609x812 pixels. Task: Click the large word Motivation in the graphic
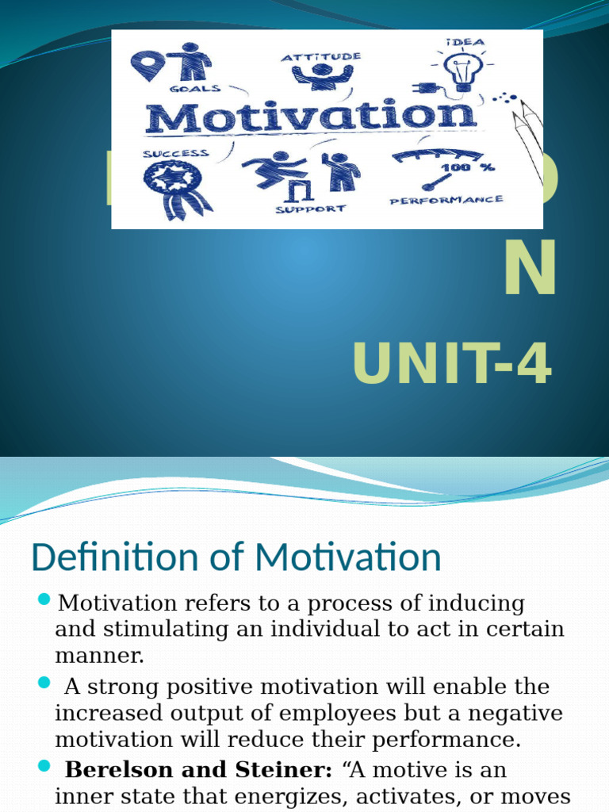coord(310,118)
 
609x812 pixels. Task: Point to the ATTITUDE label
coord(321,57)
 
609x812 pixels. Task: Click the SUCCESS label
coord(175,154)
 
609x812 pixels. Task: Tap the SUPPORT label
coord(310,209)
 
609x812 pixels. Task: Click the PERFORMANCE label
coord(446,201)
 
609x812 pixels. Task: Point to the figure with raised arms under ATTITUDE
coord(321,76)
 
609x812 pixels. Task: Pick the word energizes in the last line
coord(268,797)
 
